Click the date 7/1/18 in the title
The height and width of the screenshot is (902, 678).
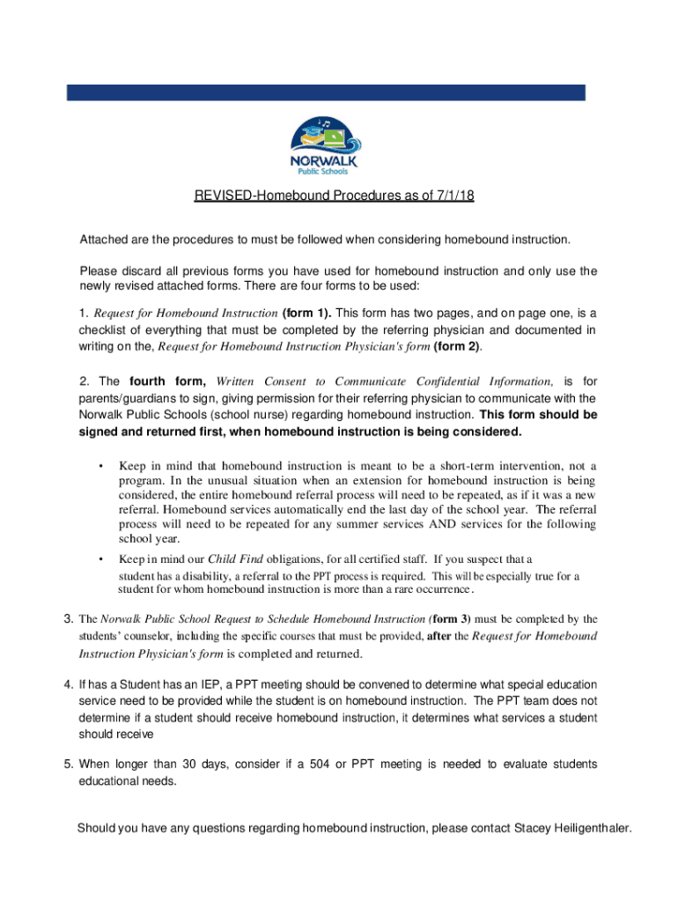pos(454,196)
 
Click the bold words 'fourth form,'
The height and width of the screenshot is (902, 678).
pos(167,381)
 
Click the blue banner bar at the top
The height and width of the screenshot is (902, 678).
pos(326,92)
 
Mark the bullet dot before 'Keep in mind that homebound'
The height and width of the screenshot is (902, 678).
pos(103,465)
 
